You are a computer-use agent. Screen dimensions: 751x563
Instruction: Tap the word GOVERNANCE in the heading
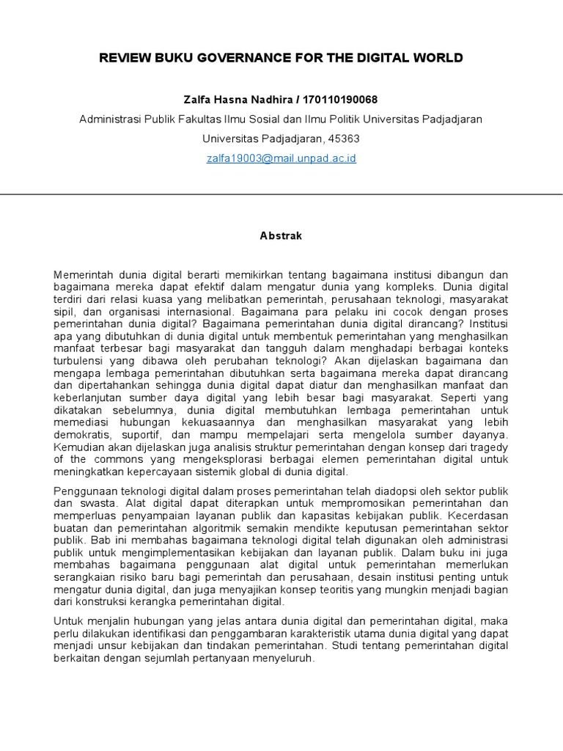(231, 58)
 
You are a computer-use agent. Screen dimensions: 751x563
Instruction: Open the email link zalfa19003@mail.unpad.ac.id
(281, 158)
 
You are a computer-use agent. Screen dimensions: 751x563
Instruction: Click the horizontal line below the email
(281, 194)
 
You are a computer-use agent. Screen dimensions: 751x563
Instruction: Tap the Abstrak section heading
(281, 236)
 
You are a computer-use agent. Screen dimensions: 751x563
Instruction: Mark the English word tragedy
(489, 447)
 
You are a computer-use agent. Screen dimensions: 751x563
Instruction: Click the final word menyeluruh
(283, 659)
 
